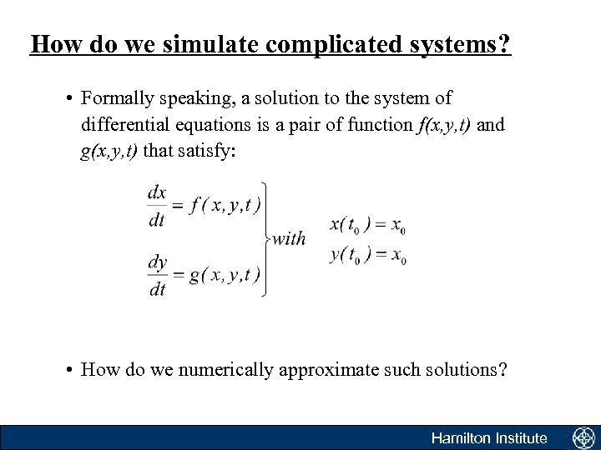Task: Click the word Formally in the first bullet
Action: (x=114, y=98)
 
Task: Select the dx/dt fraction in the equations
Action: (x=157, y=205)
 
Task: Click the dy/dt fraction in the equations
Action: (x=157, y=275)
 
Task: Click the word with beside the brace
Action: (x=289, y=240)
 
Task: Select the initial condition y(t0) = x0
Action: (x=367, y=255)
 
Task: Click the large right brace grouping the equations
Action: (x=265, y=240)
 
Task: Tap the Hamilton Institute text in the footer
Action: (x=488, y=437)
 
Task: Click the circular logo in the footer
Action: (x=582, y=437)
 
